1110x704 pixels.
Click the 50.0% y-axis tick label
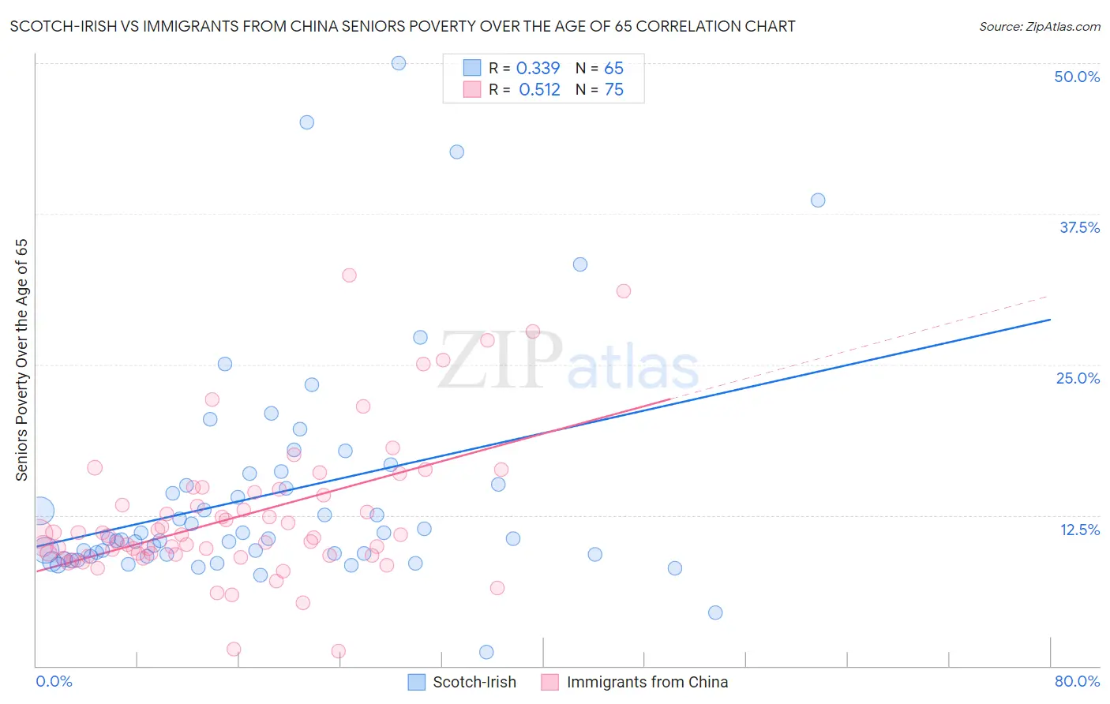(x=1077, y=77)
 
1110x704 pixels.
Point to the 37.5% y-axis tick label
(x=1079, y=227)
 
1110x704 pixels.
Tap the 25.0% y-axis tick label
(x=1078, y=378)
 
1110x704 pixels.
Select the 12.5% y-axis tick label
(x=1079, y=530)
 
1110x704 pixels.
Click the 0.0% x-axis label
(x=54, y=681)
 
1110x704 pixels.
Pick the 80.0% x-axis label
(x=1077, y=681)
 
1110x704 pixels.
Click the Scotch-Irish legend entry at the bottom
(x=474, y=682)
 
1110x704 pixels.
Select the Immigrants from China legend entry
(x=647, y=682)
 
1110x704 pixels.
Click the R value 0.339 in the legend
(x=538, y=69)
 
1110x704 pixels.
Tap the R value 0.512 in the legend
(x=539, y=90)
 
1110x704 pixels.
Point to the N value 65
(x=613, y=69)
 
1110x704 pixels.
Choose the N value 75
(x=613, y=90)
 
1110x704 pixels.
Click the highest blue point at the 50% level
(x=399, y=63)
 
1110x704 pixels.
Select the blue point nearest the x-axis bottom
(x=486, y=652)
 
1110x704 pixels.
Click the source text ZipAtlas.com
(x=1039, y=27)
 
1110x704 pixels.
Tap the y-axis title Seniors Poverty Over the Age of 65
(x=22, y=360)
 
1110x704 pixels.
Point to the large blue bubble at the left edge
(x=41, y=511)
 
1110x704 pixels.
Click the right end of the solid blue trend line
(x=1050, y=320)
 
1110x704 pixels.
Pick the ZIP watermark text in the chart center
(x=499, y=361)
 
